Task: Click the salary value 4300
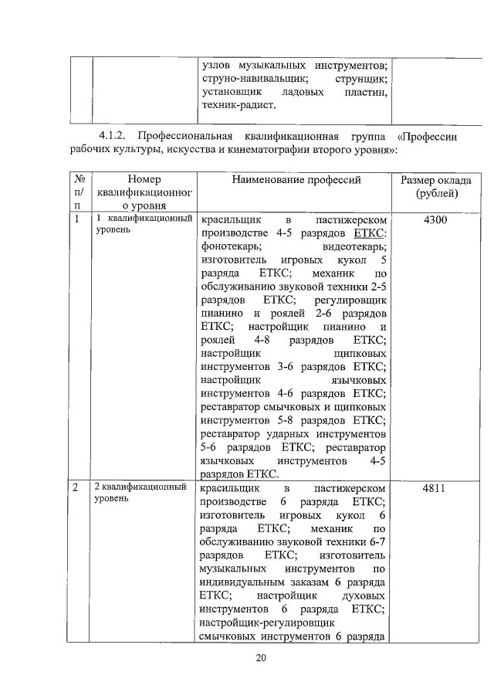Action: point(435,220)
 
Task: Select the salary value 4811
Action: point(435,488)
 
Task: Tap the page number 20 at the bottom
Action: point(261,657)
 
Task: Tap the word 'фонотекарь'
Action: point(230,246)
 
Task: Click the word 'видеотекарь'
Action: point(355,246)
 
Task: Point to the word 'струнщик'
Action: point(361,79)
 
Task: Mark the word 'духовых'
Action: point(363,596)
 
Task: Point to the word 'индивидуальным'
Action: point(242,582)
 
